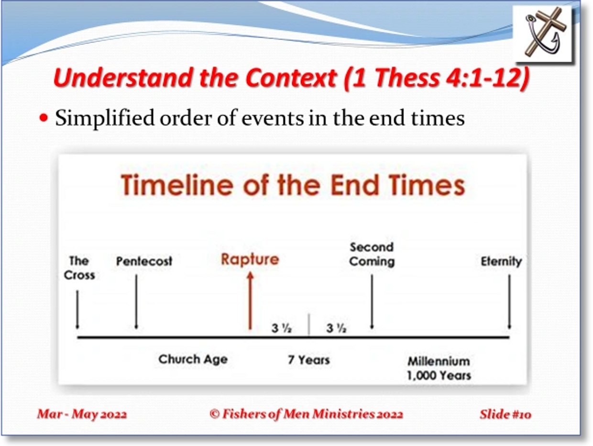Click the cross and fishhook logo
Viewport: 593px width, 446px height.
point(542,33)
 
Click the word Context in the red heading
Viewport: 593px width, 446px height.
point(291,78)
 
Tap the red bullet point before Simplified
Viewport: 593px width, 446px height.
point(44,118)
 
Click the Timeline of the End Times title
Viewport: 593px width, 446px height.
point(293,185)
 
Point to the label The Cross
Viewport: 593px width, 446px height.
point(79,268)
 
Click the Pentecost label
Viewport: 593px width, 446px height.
point(144,261)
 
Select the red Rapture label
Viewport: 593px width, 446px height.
point(250,260)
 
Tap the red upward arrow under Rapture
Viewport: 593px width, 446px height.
point(250,301)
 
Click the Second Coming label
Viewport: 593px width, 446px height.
point(372,254)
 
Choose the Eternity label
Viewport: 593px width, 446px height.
point(501,261)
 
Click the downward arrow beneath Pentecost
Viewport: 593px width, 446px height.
point(136,301)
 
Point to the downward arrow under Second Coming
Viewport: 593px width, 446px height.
point(372,301)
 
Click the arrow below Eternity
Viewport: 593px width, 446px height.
point(509,301)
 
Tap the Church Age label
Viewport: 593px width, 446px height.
point(193,359)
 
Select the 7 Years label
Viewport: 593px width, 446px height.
point(309,360)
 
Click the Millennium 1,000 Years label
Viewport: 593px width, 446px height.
point(439,368)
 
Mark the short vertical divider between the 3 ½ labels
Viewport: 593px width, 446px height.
point(309,324)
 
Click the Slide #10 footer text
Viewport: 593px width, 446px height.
point(505,414)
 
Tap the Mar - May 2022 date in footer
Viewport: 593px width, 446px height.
point(82,414)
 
